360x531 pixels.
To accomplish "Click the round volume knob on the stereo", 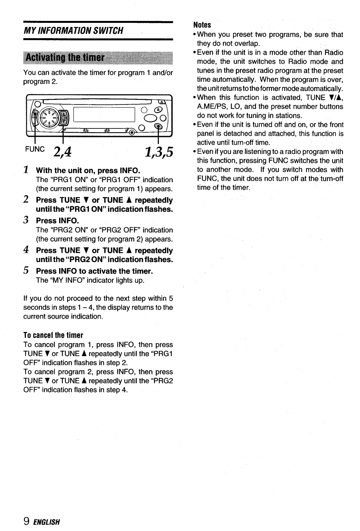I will coord(49,116).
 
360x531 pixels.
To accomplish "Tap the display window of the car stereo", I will coord(104,115).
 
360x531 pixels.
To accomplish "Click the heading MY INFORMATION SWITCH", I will coord(73,31).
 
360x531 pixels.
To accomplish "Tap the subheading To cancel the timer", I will coord(53,335).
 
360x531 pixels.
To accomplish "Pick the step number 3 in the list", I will coord(26,220).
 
